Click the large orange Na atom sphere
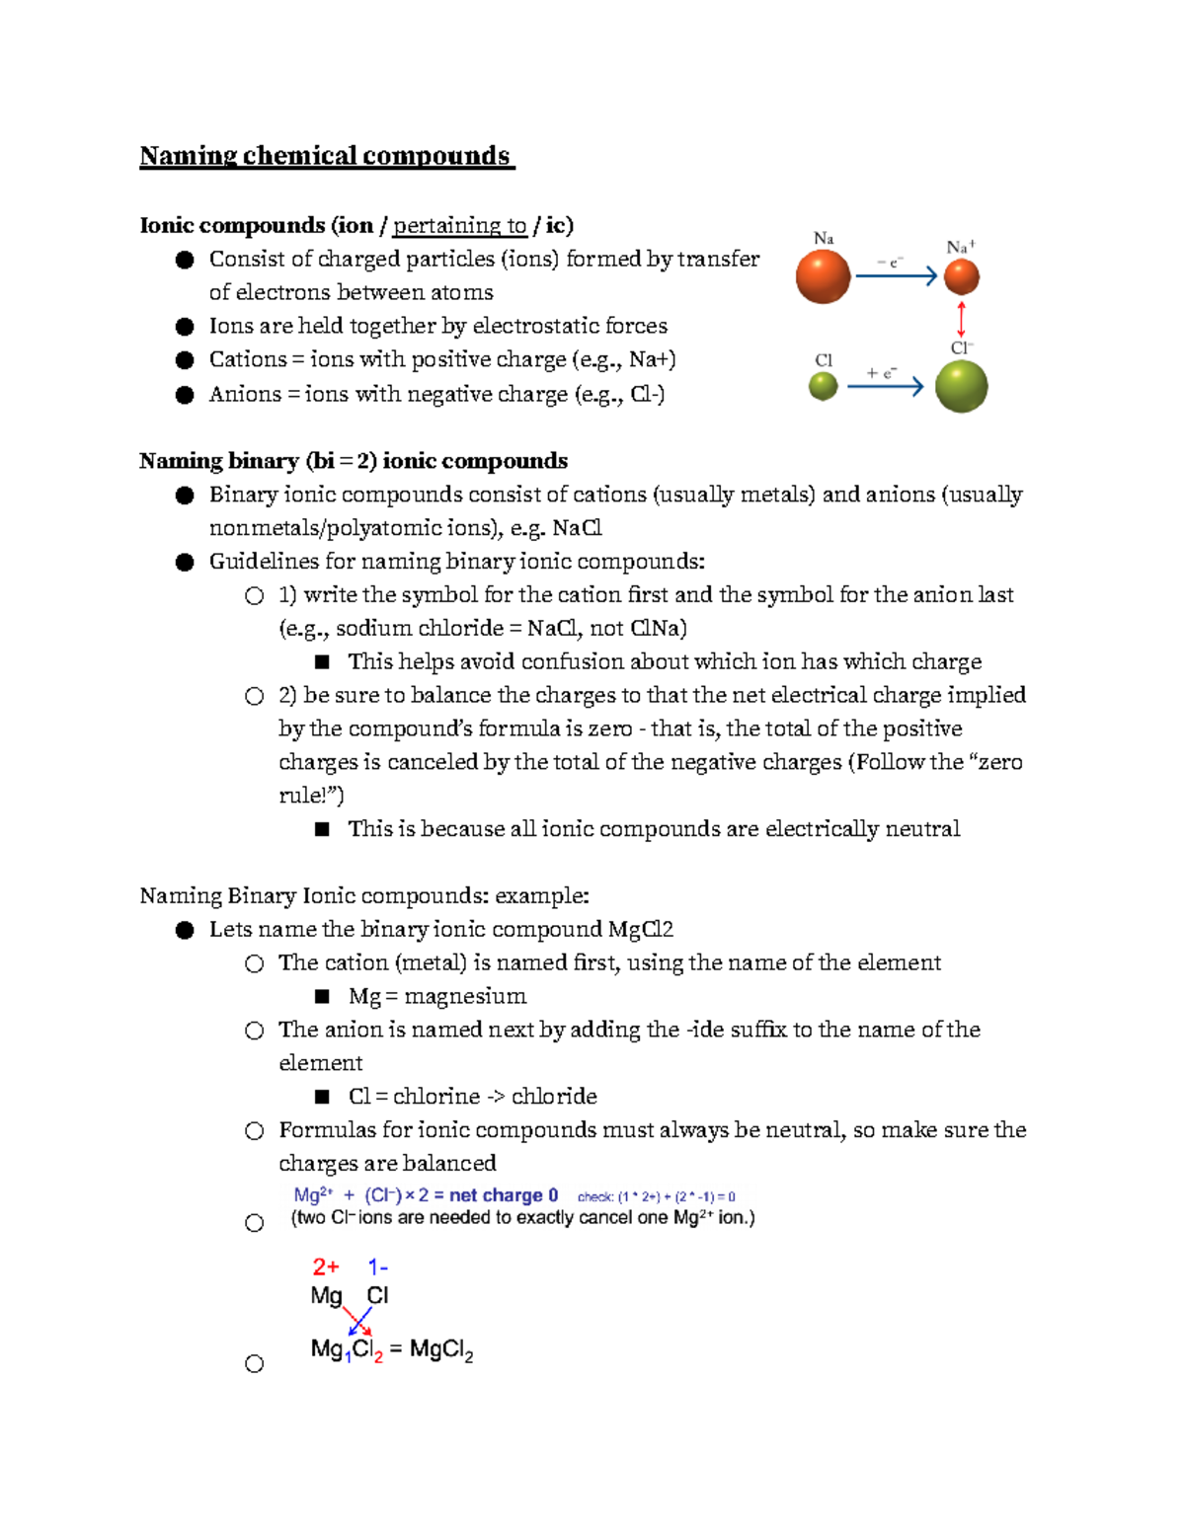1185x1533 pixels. pyautogui.click(x=823, y=276)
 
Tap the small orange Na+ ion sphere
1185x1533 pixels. pyautogui.click(x=961, y=277)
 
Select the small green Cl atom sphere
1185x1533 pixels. pyautogui.click(x=823, y=386)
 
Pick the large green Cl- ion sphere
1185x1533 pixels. pyautogui.click(x=961, y=386)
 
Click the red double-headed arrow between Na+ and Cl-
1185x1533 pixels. pyautogui.click(x=961, y=320)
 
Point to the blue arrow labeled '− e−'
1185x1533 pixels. pyautogui.click(x=896, y=276)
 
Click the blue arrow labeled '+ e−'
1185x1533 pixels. pyautogui.click(x=885, y=386)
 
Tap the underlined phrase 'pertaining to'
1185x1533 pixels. pyautogui.click(x=459, y=226)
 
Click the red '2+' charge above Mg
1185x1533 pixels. pyautogui.click(x=326, y=1266)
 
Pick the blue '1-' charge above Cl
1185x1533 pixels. pyautogui.click(x=377, y=1266)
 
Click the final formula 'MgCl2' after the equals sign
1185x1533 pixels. pyautogui.click(x=441, y=1349)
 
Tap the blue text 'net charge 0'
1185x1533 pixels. pyautogui.click(x=504, y=1195)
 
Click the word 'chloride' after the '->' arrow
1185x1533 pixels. pyautogui.click(x=554, y=1097)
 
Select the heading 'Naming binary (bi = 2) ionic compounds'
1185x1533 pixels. pyautogui.click(x=353, y=461)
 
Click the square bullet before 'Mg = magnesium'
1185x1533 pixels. pyautogui.click(x=322, y=996)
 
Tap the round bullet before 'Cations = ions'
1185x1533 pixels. pyautogui.click(x=185, y=360)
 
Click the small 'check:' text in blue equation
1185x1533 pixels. pyautogui.click(x=595, y=1196)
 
